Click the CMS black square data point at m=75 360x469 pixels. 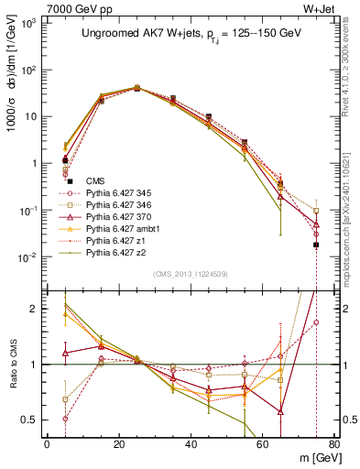coord(316,245)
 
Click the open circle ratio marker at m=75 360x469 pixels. coord(316,322)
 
